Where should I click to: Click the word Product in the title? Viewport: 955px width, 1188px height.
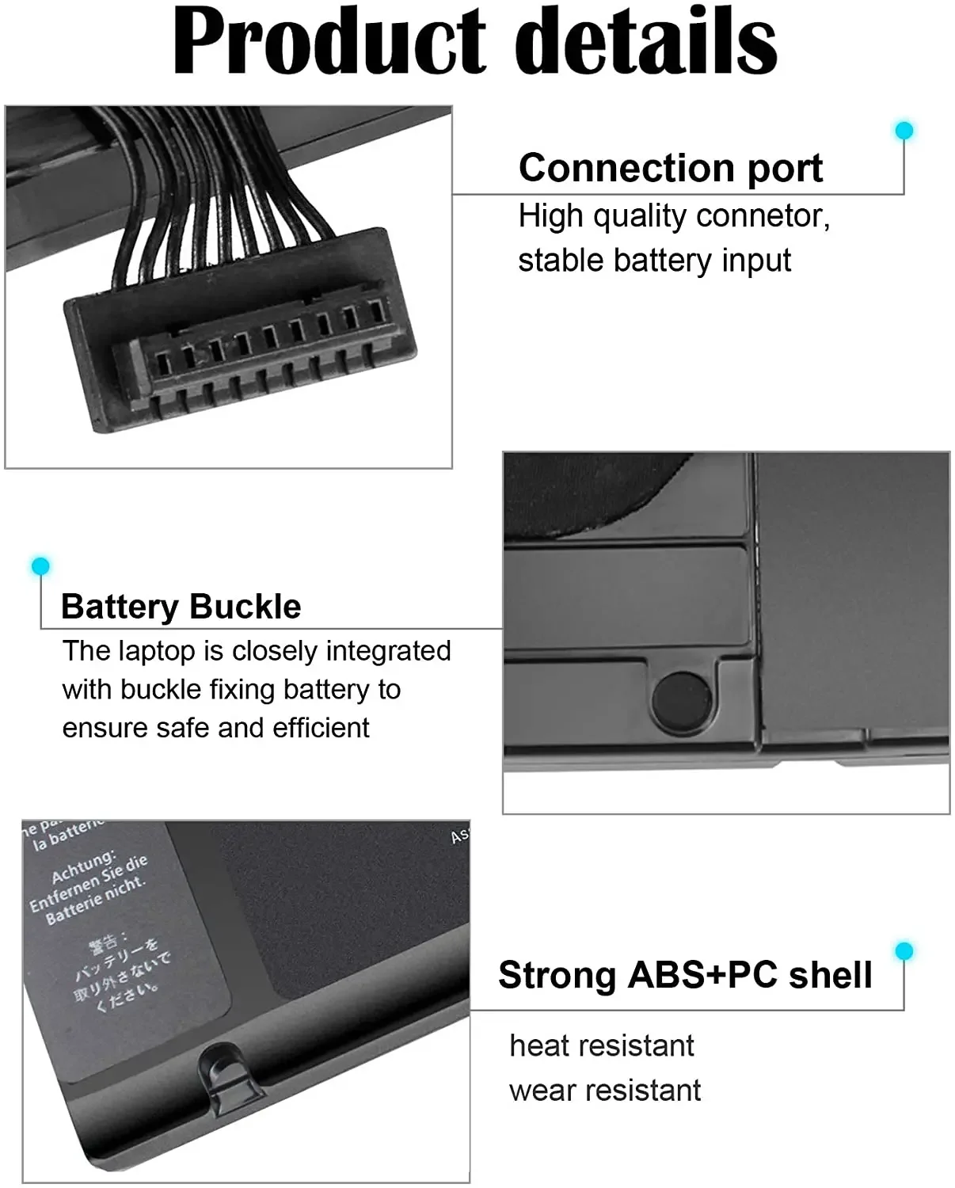point(329,41)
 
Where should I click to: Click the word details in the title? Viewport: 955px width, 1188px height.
point(651,41)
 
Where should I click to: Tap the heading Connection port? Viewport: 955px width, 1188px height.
point(670,168)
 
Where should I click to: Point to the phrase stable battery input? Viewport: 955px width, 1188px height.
point(654,261)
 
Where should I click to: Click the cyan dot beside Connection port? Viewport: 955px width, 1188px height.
point(904,131)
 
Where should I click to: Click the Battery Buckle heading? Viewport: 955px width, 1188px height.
point(181,607)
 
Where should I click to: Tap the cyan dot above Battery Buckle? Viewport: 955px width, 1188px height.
point(40,565)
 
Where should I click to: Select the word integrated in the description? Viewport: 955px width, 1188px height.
point(388,651)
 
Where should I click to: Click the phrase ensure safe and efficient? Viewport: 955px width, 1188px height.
point(215,728)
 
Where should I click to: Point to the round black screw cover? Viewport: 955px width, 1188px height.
point(682,700)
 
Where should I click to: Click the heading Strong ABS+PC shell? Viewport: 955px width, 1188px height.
point(685,975)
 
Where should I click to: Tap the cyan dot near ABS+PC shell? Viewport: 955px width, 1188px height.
point(904,950)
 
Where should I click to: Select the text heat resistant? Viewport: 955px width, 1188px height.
point(601,1046)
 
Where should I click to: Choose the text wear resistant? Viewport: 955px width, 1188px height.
point(604,1091)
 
